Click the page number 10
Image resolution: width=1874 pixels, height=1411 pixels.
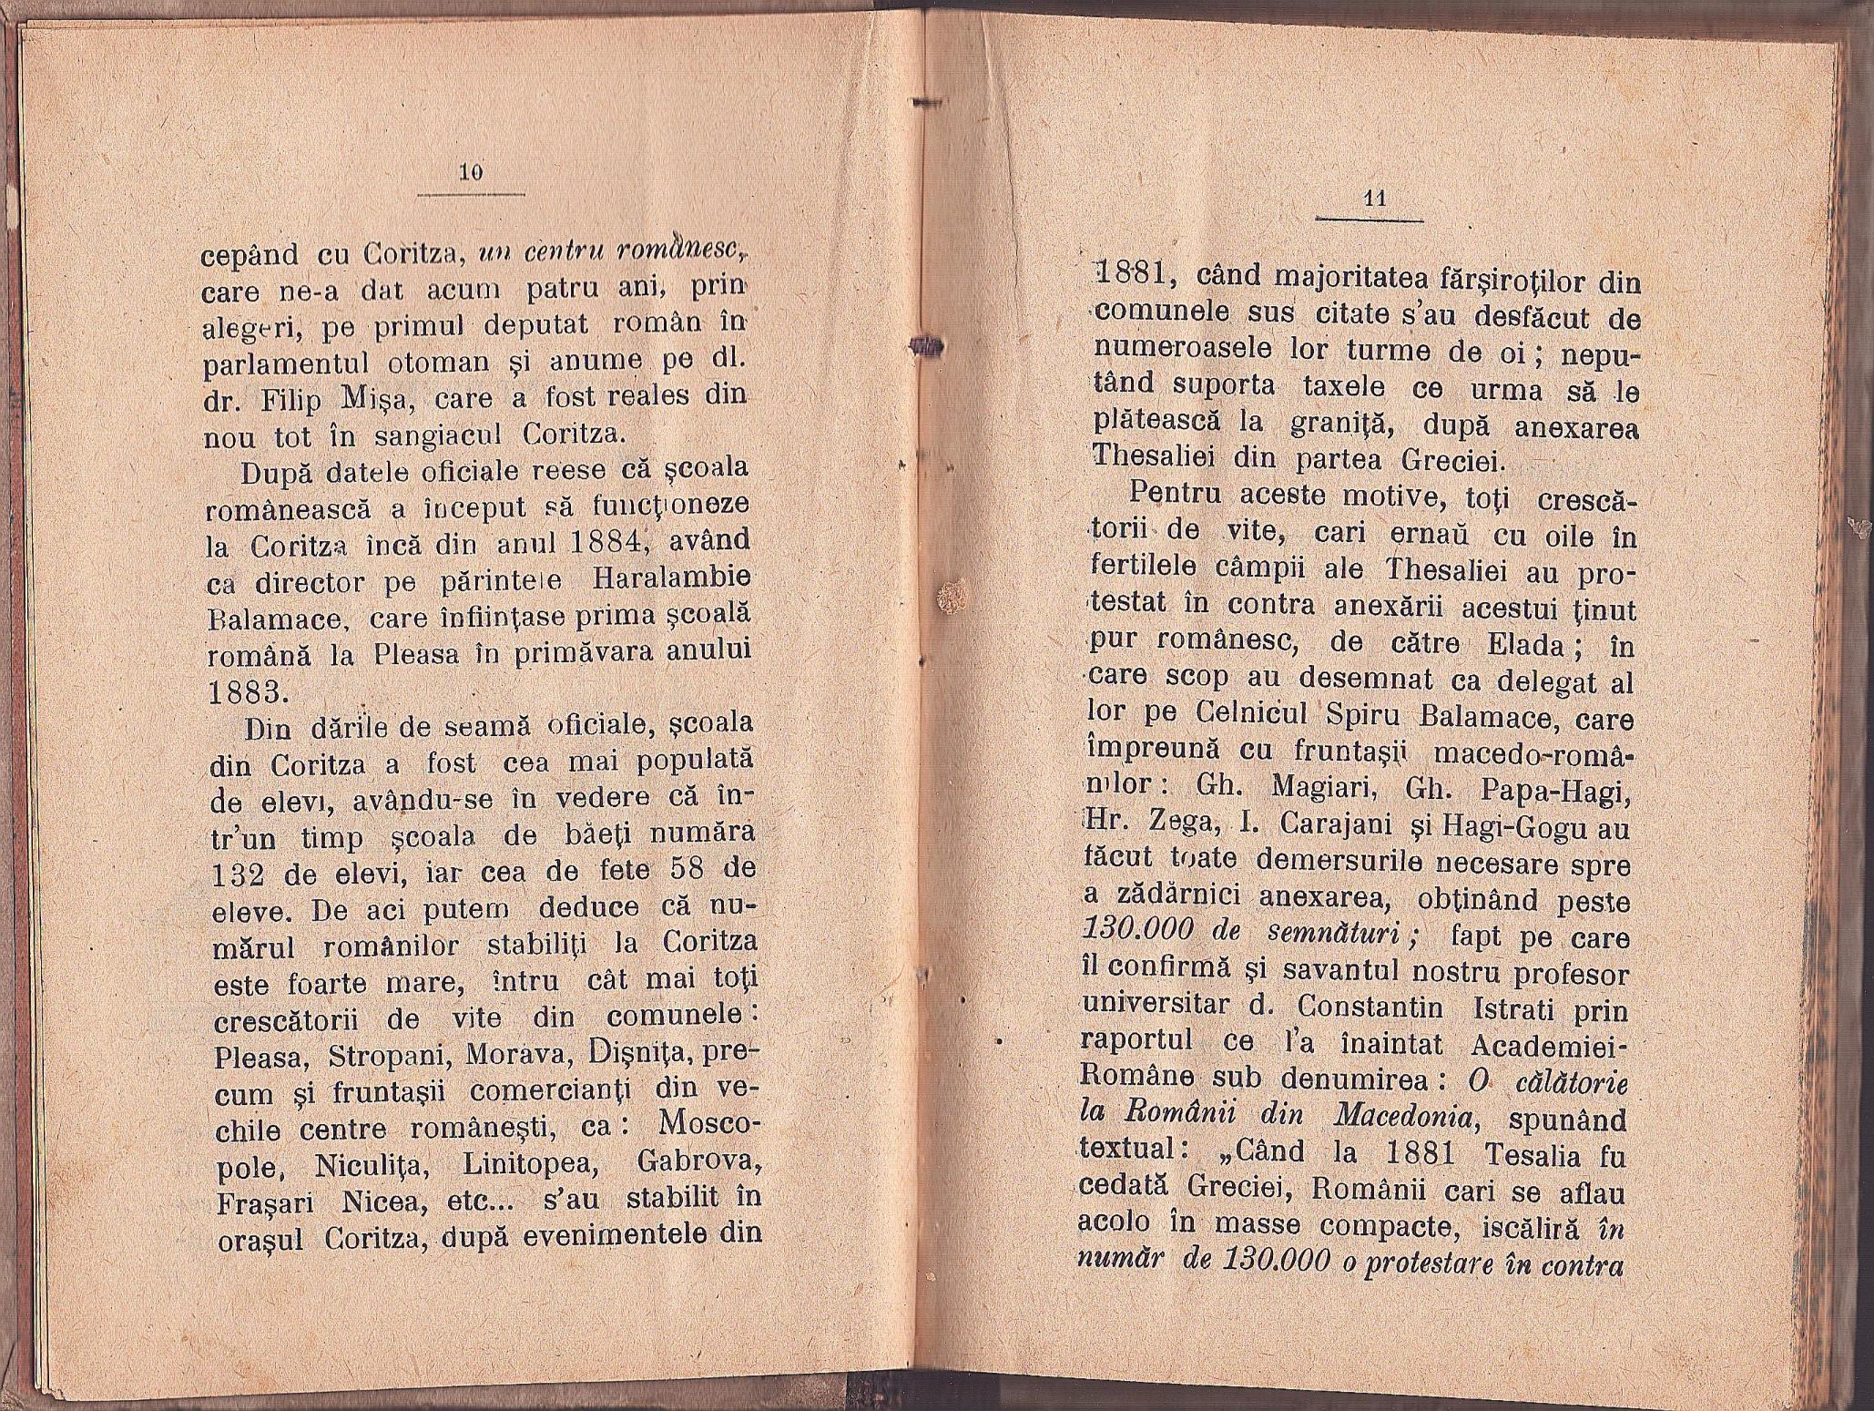click(x=471, y=173)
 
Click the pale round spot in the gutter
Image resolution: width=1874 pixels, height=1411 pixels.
click(x=952, y=598)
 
